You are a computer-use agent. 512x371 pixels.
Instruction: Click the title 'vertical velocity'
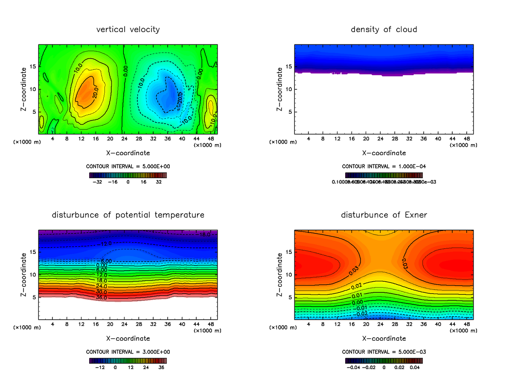tap(128, 29)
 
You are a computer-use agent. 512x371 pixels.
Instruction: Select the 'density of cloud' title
tap(384, 29)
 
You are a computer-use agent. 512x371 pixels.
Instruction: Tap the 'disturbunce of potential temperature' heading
tap(128, 215)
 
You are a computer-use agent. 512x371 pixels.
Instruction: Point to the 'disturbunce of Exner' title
tap(384, 215)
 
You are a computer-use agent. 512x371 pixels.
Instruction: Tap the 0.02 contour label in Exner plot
tap(357, 286)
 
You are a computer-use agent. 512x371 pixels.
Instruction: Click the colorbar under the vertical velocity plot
tap(128, 175)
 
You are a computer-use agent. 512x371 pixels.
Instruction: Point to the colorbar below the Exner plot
tap(384, 361)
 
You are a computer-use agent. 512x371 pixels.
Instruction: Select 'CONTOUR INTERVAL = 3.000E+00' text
tap(128, 352)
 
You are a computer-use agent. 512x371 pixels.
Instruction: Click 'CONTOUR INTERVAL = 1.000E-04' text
tap(384, 166)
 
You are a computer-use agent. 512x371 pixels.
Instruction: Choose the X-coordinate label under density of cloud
tap(384, 153)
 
